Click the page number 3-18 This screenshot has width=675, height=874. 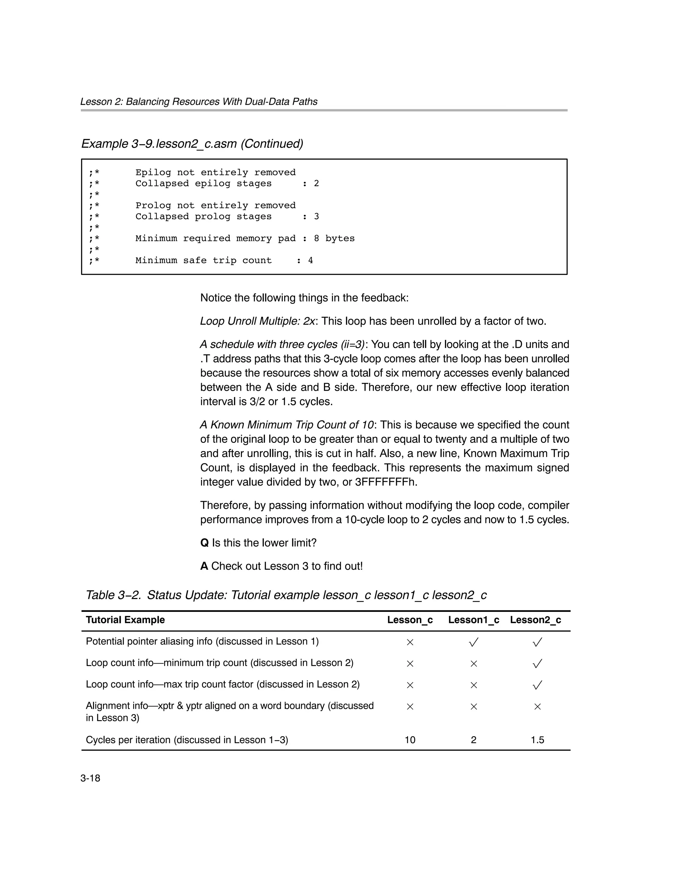tap(90, 778)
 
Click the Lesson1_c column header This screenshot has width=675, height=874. tap(473, 620)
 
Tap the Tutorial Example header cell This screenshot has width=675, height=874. tap(125, 620)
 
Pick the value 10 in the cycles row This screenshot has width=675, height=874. tap(410, 740)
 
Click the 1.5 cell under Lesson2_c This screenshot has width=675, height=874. tap(537, 740)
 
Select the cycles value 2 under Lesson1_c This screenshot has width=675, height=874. tap(473, 740)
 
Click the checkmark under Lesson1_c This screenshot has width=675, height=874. tap(473, 642)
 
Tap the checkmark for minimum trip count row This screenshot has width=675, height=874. tap(537, 664)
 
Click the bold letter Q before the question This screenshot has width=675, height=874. tap(204, 543)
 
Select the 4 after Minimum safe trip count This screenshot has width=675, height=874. tap(310, 260)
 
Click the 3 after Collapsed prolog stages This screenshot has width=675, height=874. tap(316, 217)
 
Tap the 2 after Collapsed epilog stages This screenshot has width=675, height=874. tap(316, 184)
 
